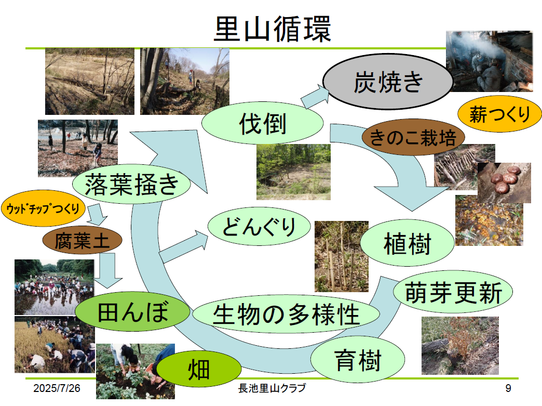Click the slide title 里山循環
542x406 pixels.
click(272, 29)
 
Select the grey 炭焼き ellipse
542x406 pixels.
click(388, 82)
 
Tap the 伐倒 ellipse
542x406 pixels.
click(263, 125)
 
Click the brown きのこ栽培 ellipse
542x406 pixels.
click(413, 138)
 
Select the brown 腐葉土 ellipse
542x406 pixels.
click(82, 240)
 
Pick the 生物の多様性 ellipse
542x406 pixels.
click(286, 314)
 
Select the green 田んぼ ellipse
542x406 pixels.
click(133, 312)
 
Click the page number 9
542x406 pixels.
click(508, 388)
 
